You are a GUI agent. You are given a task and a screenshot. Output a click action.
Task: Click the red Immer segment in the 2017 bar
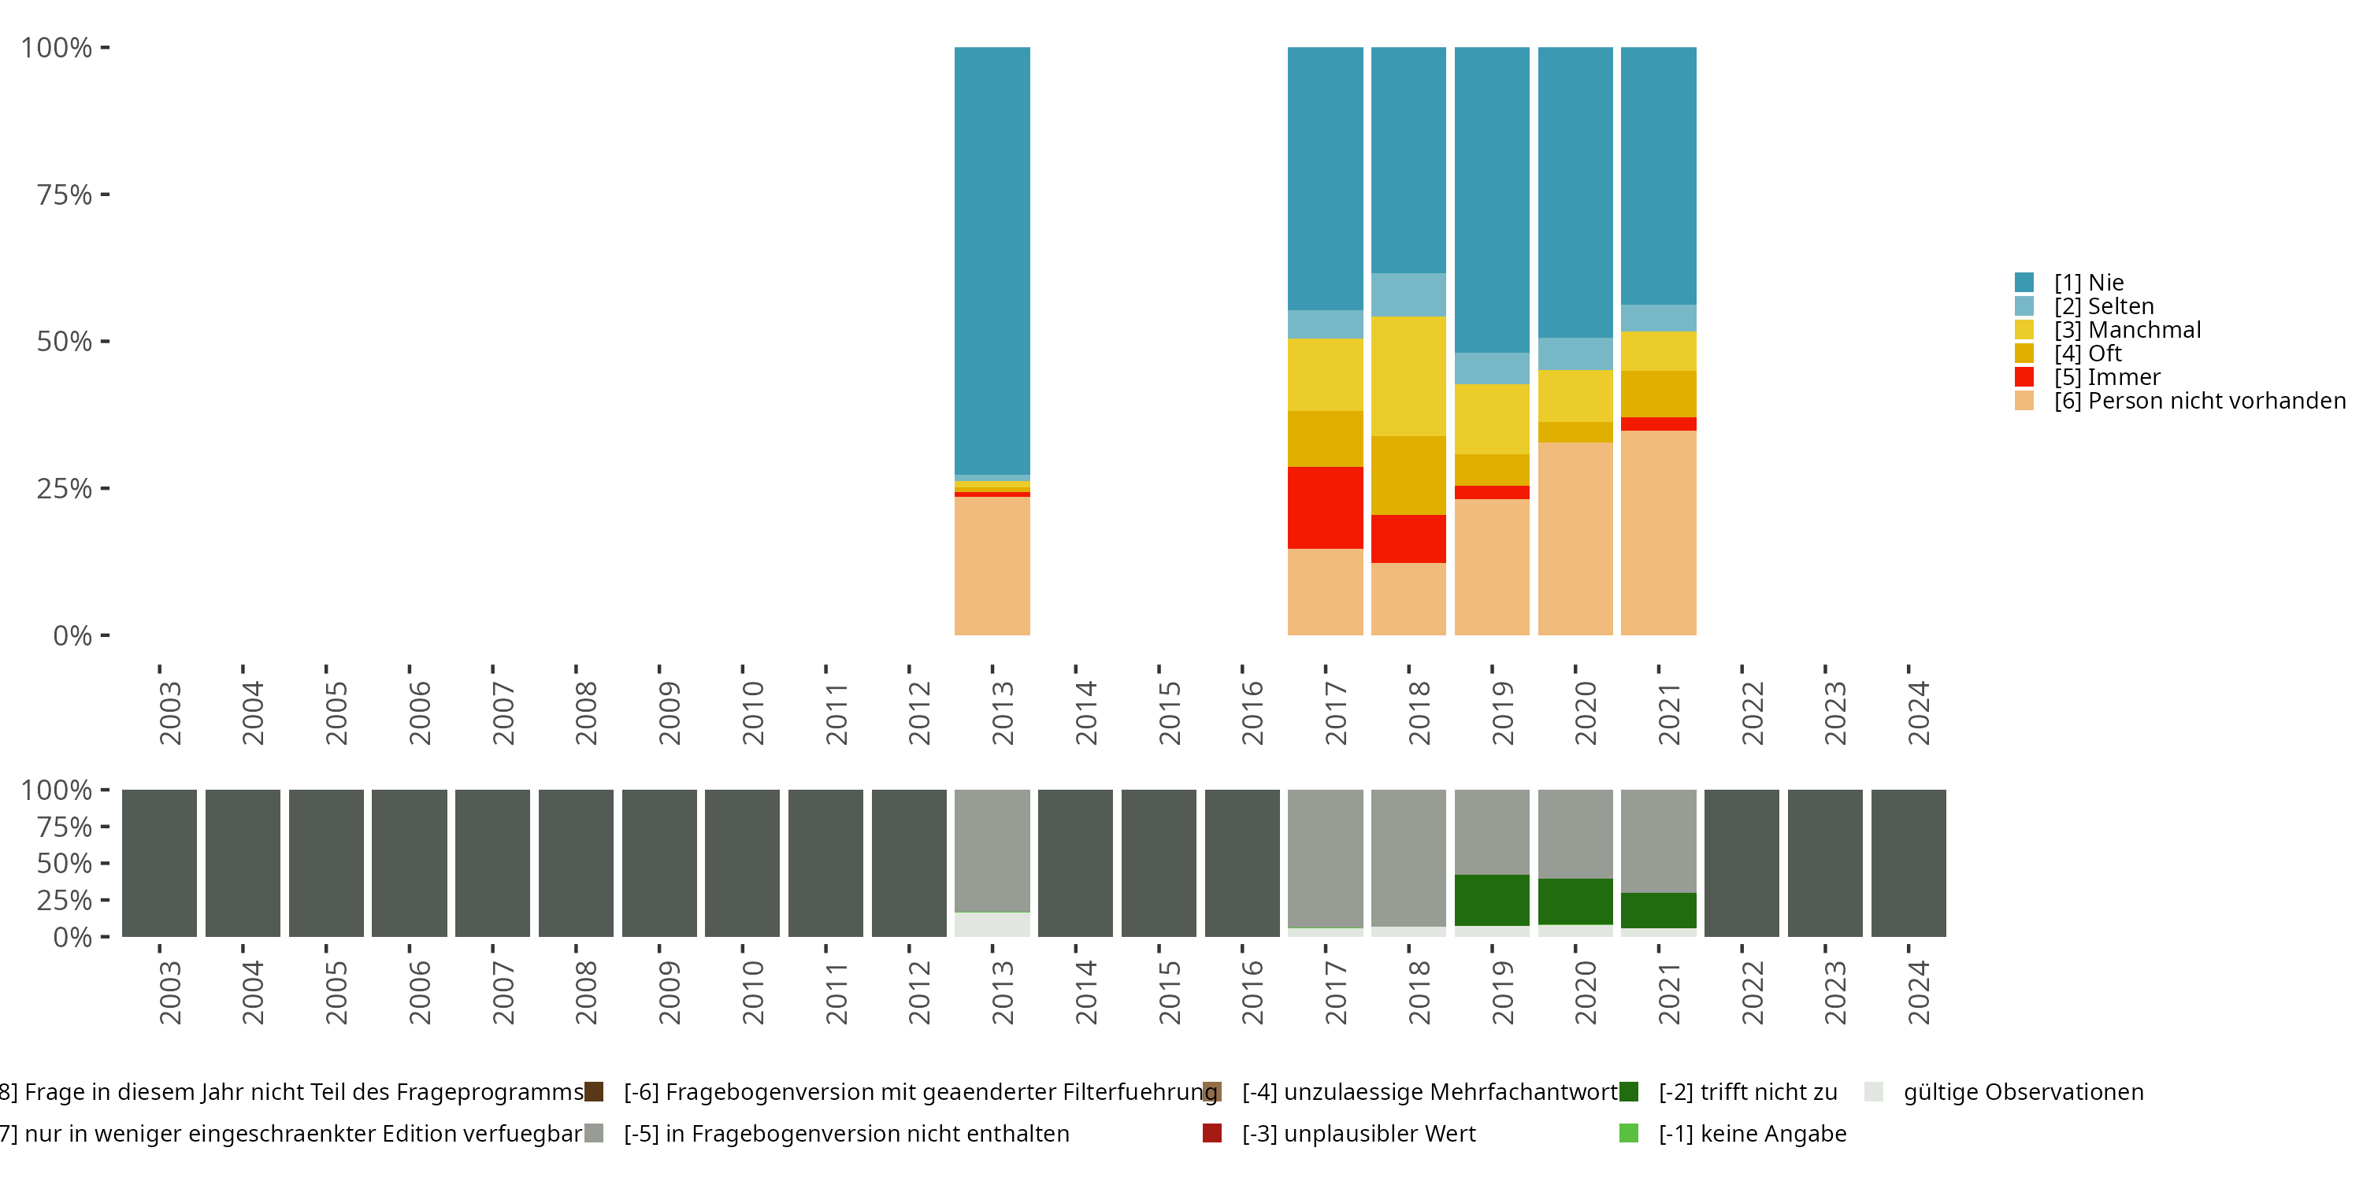[1325, 507]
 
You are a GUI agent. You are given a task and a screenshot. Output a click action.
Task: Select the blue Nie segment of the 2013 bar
[992, 261]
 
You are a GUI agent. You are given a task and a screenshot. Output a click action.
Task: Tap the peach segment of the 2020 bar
[1575, 539]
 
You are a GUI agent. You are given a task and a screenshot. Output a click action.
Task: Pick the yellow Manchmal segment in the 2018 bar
[1408, 376]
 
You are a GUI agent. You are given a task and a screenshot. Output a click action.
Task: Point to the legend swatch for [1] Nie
[2024, 283]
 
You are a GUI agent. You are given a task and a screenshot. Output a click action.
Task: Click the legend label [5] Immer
[2107, 377]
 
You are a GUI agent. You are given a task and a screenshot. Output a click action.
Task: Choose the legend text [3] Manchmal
[2127, 330]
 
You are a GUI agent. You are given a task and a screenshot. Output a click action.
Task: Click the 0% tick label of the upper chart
[72, 635]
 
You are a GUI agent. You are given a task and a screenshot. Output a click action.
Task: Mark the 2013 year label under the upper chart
[1003, 713]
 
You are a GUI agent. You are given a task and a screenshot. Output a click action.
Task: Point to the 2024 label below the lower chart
[1918, 992]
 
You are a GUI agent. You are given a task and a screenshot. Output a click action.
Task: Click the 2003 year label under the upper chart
[169, 713]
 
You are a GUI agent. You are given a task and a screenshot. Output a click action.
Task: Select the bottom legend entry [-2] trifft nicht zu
[1748, 1092]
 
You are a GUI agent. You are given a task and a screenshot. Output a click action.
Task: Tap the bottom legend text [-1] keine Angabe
[1752, 1133]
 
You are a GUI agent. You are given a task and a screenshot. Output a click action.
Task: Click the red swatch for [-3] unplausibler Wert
[1211, 1133]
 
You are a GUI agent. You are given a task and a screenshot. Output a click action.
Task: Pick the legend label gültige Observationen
[2023, 1092]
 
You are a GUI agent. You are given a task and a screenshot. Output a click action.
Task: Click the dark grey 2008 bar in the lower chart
[575, 863]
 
